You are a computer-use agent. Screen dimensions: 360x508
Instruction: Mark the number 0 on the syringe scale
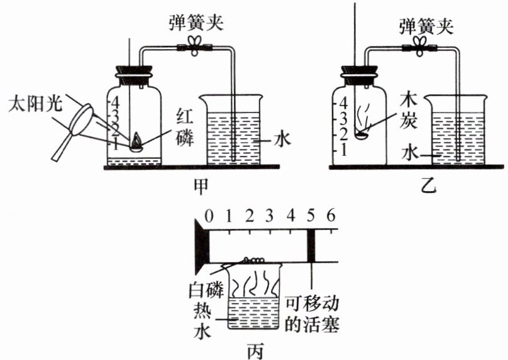click(209, 217)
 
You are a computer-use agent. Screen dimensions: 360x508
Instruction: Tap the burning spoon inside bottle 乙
click(361, 133)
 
